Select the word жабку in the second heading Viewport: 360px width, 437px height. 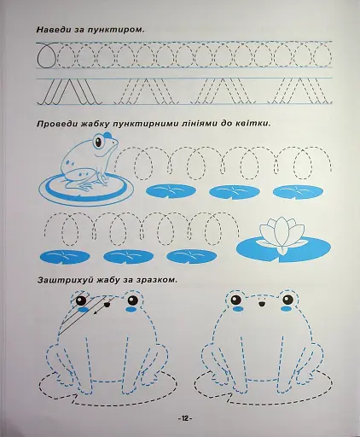(94, 125)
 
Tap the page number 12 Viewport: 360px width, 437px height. (185, 418)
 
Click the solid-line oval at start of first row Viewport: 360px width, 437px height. (45, 57)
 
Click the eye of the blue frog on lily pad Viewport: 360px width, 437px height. (98, 142)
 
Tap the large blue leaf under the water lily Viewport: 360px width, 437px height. (283, 250)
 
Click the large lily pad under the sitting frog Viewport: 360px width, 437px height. (86, 189)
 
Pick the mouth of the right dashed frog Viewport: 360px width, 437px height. (262, 304)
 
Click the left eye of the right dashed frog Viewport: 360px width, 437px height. (235, 299)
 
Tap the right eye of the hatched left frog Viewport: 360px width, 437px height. (132, 300)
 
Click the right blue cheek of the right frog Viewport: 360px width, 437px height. (287, 308)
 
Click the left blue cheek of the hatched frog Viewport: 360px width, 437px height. (83, 310)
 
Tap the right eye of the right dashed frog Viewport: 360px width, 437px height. (288, 300)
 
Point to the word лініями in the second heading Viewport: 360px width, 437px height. (195, 124)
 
